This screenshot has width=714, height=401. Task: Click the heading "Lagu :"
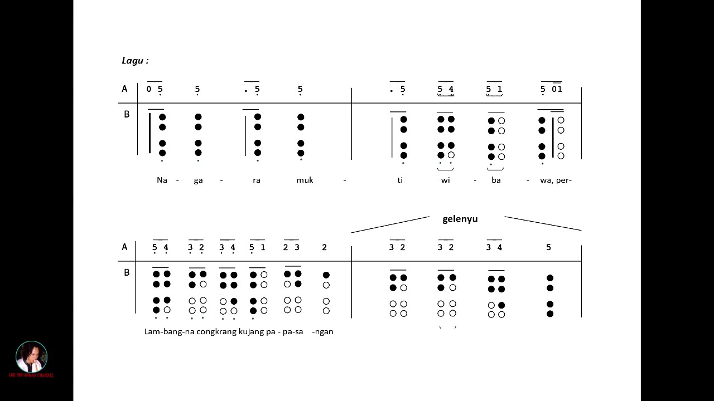tap(135, 61)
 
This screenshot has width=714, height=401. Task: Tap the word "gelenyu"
tap(460, 219)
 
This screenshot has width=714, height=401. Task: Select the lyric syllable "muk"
tap(305, 180)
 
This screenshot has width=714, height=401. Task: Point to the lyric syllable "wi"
tap(445, 180)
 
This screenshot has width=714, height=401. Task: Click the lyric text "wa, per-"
tap(556, 180)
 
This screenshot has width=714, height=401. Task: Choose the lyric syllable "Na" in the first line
tap(162, 180)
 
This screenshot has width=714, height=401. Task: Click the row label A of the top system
tap(124, 89)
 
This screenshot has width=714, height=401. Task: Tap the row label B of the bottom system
tap(126, 272)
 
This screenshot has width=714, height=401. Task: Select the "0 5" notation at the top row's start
tap(155, 89)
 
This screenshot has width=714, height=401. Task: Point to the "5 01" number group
tap(551, 89)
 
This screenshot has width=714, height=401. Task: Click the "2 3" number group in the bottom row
tap(291, 247)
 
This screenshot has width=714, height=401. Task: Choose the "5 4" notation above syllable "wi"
tap(445, 89)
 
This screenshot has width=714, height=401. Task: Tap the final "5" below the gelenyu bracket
tap(548, 247)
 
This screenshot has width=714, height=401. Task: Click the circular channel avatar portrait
tap(32, 356)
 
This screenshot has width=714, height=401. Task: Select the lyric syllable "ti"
tap(400, 180)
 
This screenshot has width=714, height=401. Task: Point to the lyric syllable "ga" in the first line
tap(198, 180)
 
